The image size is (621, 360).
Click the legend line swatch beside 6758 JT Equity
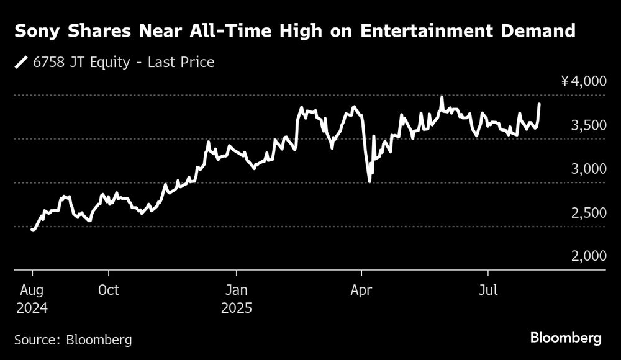tap(22, 62)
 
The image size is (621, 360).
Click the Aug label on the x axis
tap(32, 290)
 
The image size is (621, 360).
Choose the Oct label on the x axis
tap(109, 290)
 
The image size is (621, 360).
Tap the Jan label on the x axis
tap(236, 290)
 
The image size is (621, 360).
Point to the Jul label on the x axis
tap(488, 290)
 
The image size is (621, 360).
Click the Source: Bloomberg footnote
tap(73, 340)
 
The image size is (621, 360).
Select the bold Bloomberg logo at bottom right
tap(566, 338)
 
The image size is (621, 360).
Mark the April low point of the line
tap(369, 181)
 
